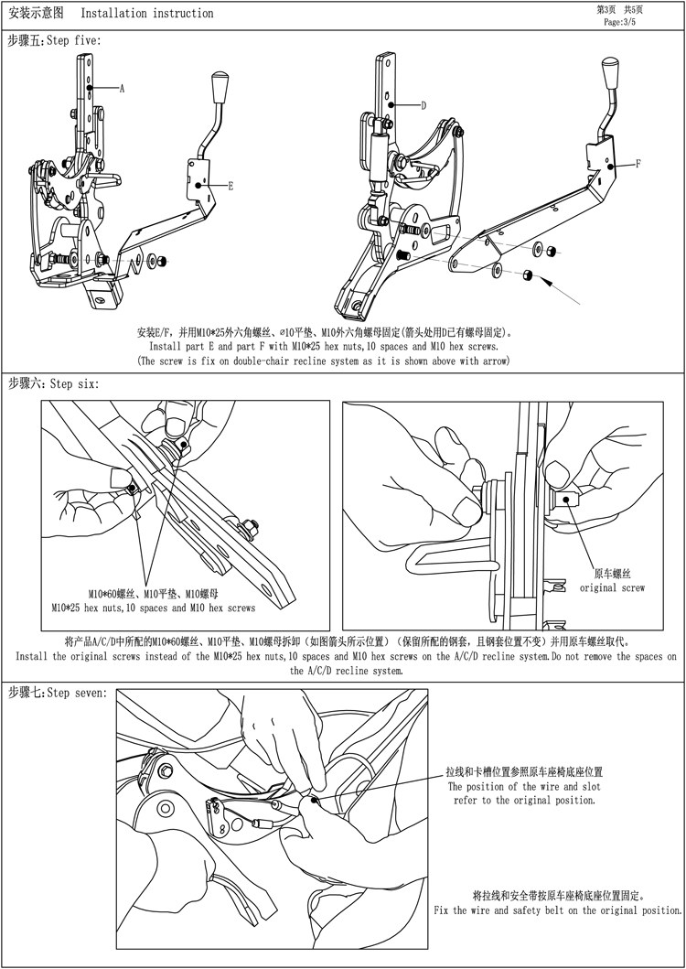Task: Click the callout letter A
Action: pyautogui.click(x=122, y=89)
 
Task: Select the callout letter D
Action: pyautogui.click(x=424, y=105)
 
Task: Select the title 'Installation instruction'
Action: pyautogui.click(x=147, y=14)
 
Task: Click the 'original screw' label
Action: pyautogui.click(x=612, y=588)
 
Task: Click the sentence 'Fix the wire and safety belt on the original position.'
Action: pyautogui.click(x=557, y=910)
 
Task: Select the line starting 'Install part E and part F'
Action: pyautogui.click(x=324, y=347)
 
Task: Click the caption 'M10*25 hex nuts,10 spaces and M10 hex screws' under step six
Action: pyautogui.click(x=154, y=608)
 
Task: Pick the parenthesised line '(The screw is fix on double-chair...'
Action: pyautogui.click(x=323, y=361)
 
